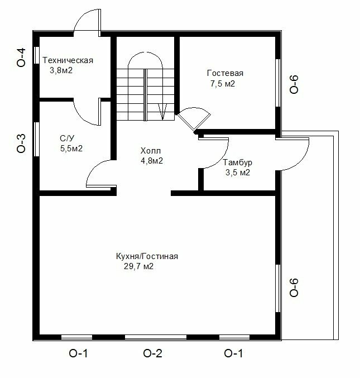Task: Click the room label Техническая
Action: tap(68, 60)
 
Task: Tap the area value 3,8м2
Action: tap(61, 70)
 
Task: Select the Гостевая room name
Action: tap(225, 73)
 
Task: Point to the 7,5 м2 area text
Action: tap(222, 84)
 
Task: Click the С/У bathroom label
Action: tap(67, 138)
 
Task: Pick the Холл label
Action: tap(150, 151)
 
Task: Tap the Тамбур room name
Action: tap(237, 162)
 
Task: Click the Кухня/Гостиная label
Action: tap(147, 256)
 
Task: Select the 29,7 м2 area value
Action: tap(138, 266)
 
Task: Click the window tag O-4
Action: tap(21, 57)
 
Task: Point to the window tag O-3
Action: tap(21, 143)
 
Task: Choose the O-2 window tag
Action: tap(152, 353)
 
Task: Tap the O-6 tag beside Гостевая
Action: tap(294, 84)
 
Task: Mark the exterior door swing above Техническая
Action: tap(87, 23)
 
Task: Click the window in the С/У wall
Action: tap(37, 140)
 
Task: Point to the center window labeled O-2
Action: tap(156, 337)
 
